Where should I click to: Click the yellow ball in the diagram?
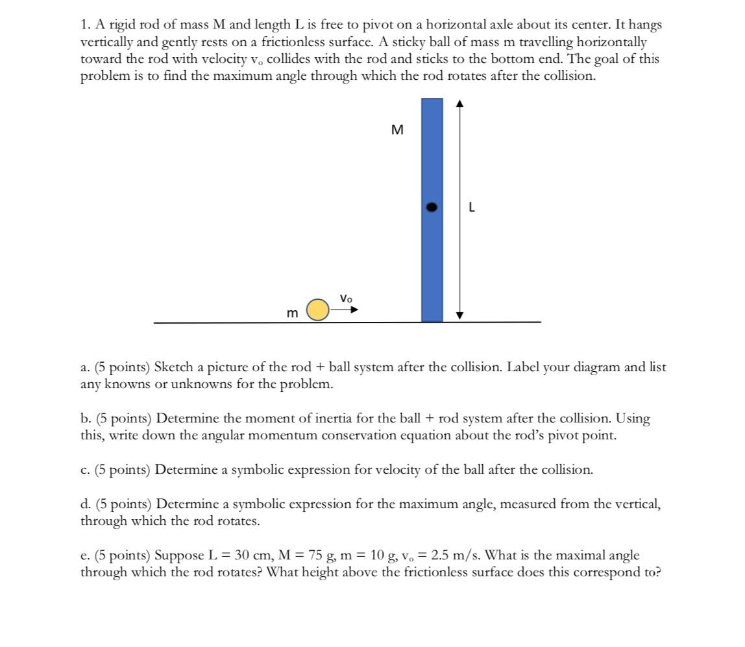point(317,310)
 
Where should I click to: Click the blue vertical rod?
point(432,260)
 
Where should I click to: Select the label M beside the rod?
point(398,130)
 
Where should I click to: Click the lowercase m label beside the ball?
point(293,313)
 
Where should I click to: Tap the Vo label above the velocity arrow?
point(346,299)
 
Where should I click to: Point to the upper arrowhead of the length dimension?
point(459,103)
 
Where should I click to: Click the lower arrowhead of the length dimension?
point(459,316)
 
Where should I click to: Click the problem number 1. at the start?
point(85,25)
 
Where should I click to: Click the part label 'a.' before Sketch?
point(86,367)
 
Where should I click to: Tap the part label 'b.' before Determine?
point(86,419)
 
